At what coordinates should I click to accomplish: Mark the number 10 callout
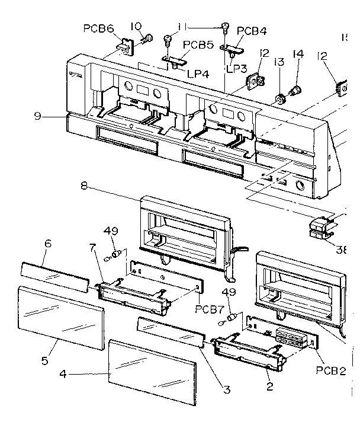tap(136, 26)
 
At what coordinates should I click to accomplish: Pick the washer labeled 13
tap(278, 97)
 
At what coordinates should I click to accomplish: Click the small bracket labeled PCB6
tap(125, 45)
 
